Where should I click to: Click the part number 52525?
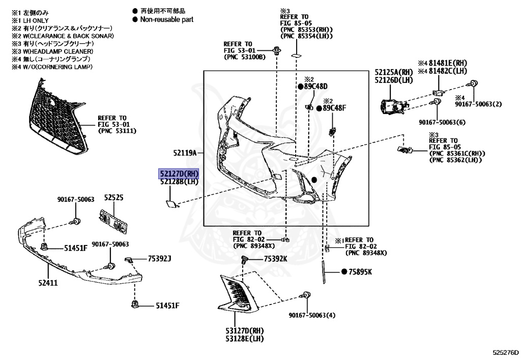[x=114, y=198]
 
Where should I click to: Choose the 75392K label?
[x=275, y=259]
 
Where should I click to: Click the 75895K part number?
[x=360, y=272]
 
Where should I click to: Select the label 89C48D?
[x=315, y=87]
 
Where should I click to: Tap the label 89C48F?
[x=334, y=108]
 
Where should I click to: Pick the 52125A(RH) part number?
[x=394, y=72]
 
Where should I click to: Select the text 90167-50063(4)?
[x=312, y=315]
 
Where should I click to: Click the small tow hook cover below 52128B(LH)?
[x=168, y=204]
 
